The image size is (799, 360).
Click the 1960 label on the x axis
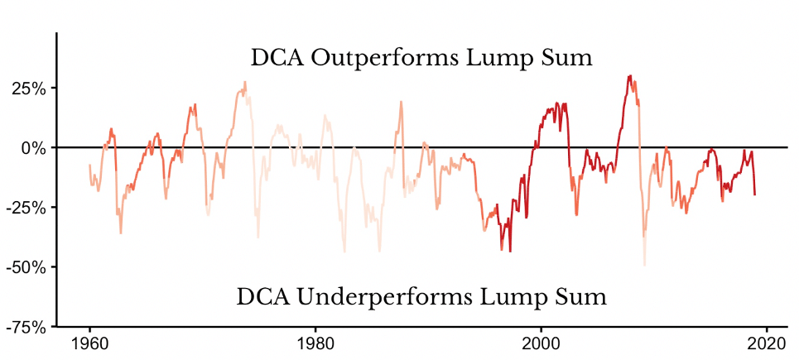[x=89, y=343]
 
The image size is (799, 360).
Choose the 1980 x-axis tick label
[x=315, y=343]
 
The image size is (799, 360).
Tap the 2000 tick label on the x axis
[x=541, y=343]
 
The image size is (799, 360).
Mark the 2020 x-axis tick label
[x=766, y=343]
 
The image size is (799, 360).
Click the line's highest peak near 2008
[x=630, y=75]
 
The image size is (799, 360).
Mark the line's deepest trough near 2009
[x=644, y=265]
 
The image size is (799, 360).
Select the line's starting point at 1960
[x=89, y=165]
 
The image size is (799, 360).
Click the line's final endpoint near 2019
[x=755, y=195]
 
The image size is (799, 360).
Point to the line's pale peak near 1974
[x=245, y=81]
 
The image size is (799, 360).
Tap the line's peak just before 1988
[x=401, y=102]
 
